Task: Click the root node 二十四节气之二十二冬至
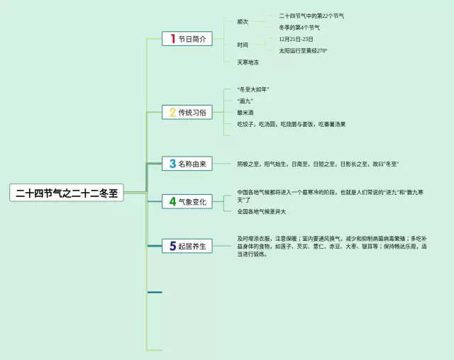[67, 193]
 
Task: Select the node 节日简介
[187, 39]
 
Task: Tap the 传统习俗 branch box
[187, 112]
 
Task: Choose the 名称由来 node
[187, 164]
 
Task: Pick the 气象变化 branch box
[187, 202]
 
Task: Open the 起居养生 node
[187, 246]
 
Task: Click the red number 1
[171, 39]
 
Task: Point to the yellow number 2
[172, 112]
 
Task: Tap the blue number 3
[172, 164]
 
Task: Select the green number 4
[172, 202]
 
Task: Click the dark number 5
[172, 246]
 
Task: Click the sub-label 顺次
[243, 21]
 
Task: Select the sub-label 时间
[243, 45]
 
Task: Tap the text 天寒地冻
[248, 62]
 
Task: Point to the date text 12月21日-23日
[296, 39]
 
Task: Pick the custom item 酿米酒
[245, 112]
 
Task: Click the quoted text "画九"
[245, 101]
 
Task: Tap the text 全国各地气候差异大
[262, 211]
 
